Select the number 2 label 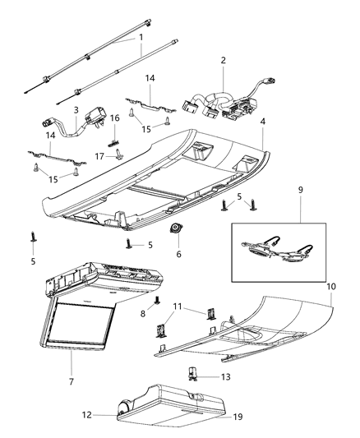point(222,61)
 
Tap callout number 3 point(76,109)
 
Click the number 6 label point(178,254)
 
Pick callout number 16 point(115,118)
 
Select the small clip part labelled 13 point(196,374)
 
